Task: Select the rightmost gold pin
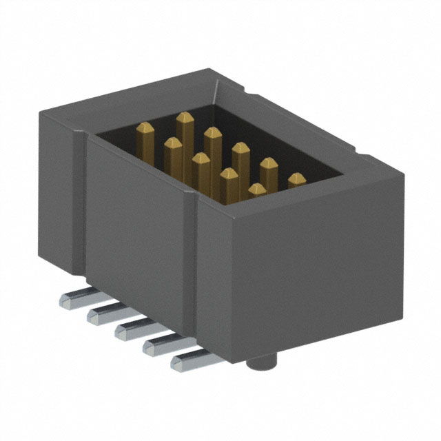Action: (x=297, y=180)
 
